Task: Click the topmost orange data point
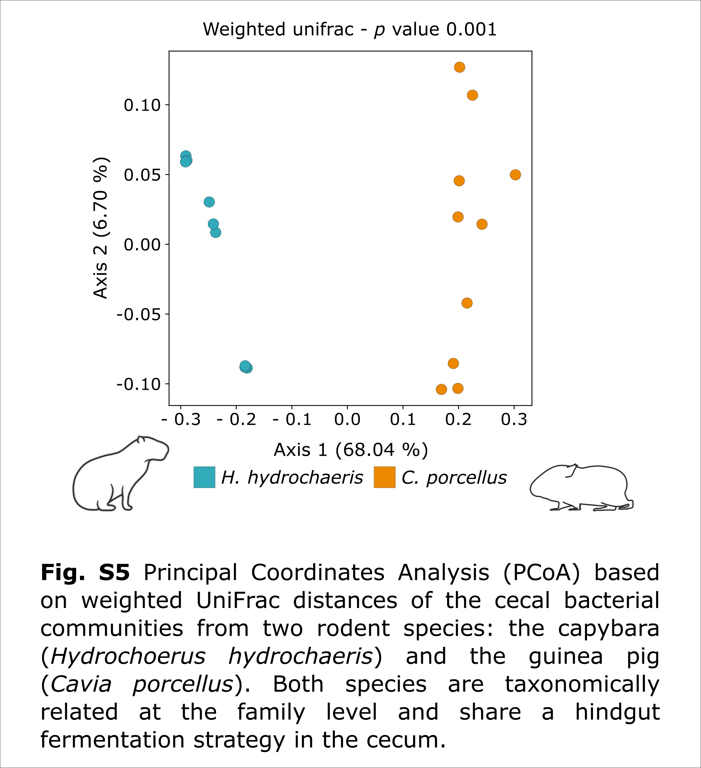[x=460, y=67]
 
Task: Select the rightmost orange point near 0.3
[x=515, y=175]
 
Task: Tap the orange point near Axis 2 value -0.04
[x=467, y=303]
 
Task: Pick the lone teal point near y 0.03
[x=209, y=202]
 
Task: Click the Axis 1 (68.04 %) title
[x=351, y=450]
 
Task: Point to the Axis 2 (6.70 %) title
[x=101, y=228]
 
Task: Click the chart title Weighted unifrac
[x=278, y=29]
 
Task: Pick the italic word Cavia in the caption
[x=81, y=684]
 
